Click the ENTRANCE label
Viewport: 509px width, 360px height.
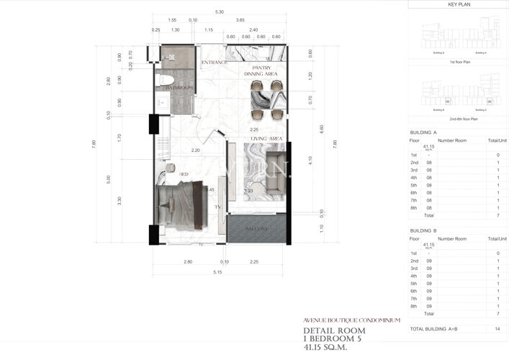(215, 63)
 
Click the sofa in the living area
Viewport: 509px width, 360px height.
(274, 173)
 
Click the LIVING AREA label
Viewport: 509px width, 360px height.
(266, 138)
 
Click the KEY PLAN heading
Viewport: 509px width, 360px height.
(458, 4)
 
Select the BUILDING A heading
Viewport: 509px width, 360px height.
(423, 133)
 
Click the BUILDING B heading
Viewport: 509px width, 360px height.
(423, 230)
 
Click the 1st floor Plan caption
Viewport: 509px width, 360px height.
(458, 63)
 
